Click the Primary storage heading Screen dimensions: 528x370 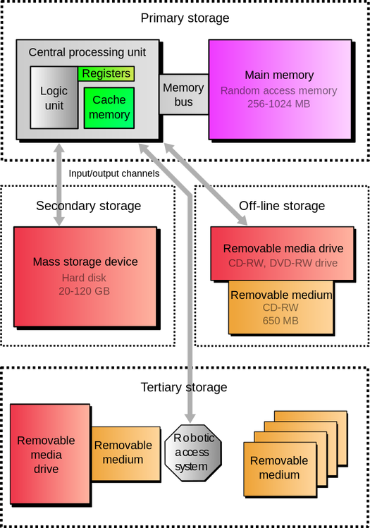185,18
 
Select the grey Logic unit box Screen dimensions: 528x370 54,98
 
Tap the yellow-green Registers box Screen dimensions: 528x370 106,73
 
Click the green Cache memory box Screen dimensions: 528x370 109,107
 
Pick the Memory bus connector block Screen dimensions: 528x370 183,94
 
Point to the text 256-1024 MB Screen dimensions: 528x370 278,104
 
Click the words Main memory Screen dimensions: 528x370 279,75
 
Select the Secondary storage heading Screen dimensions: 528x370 88,206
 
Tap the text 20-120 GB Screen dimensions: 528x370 85,290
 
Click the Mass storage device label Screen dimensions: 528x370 85,262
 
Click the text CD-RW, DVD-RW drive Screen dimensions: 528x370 283,263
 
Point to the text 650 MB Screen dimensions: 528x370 281,321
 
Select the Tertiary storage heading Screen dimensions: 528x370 184,387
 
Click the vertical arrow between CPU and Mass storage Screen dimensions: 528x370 59,183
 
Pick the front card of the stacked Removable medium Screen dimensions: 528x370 278,467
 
